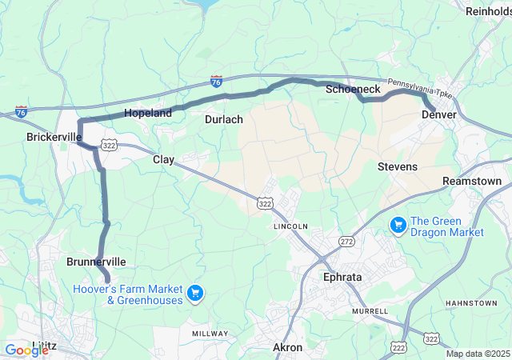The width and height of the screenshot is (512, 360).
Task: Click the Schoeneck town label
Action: click(353, 90)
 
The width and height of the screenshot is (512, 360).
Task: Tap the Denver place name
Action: click(438, 115)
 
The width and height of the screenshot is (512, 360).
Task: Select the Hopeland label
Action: click(148, 114)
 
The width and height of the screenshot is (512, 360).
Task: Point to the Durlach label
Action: click(223, 119)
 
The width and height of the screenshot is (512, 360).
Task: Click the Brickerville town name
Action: click(54, 137)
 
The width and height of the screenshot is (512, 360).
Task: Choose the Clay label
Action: click(164, 160)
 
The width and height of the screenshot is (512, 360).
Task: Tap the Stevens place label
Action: click(398, 166)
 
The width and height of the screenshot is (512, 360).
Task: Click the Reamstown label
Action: click(472, 182)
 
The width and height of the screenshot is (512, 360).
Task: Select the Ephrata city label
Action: click(342, 277)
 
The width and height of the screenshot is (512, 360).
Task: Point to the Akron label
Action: click(288, 347)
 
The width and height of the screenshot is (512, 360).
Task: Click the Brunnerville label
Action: click(96, 262)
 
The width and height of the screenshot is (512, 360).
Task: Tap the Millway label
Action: click(210, 331)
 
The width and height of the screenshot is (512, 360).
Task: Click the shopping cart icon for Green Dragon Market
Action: click(398, 226)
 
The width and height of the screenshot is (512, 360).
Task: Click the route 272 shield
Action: click(346, 241)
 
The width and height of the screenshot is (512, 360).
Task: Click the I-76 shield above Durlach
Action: click(217, 81)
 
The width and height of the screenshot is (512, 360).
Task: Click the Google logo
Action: click(26, 350)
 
